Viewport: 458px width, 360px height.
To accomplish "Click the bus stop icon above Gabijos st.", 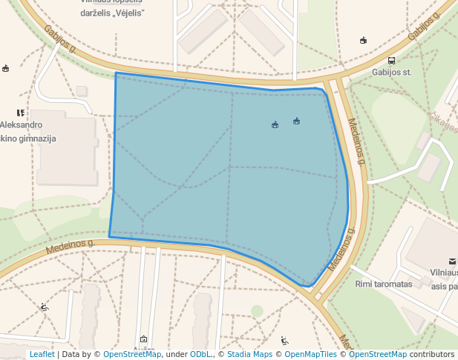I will pos(391,61).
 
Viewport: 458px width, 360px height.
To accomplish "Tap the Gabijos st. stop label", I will pos(392,73).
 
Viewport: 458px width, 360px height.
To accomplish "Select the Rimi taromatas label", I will pos(383,284).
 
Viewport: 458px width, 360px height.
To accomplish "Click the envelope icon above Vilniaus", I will pos(452,261).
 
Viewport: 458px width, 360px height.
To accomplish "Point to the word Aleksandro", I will pos(22,125).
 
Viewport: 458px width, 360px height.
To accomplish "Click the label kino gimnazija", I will pos(28,139).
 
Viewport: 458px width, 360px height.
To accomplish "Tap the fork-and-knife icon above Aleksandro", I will pos(21,113).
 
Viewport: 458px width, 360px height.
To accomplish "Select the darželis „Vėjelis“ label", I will pos(112,13).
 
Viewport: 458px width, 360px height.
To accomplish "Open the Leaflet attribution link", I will pos(42,354).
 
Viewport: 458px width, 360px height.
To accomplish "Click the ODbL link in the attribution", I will pos(200,354).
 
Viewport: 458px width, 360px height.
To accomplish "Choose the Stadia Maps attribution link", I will pos(249,354).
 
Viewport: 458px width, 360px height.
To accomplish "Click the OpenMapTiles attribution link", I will pos(310,354).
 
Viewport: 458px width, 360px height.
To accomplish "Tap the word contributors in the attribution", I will pos(432,354).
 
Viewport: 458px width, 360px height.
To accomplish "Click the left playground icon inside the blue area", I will pos(275,124).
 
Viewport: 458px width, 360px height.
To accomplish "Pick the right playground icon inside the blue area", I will pos(296,121).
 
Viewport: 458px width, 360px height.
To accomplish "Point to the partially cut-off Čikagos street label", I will pos(444,123).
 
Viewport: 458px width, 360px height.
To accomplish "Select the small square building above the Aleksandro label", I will pos(82,91).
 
